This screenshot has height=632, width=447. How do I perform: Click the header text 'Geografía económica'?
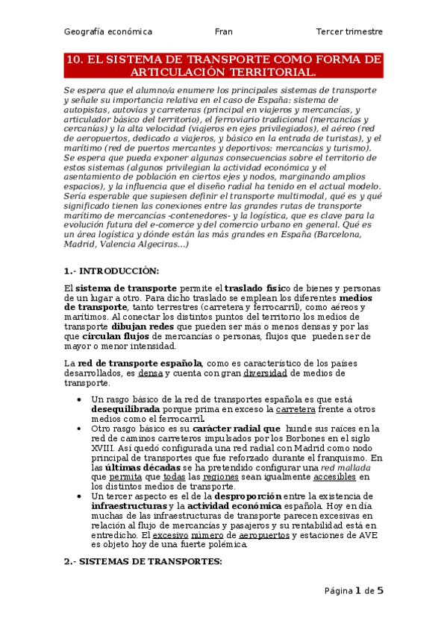point(108,32)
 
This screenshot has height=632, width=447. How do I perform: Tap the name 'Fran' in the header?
point(224,32)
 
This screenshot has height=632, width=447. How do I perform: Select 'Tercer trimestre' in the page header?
point(349,32)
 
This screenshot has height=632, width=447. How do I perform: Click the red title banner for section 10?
point(224,66)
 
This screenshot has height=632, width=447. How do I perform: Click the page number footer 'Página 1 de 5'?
point(354,591)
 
